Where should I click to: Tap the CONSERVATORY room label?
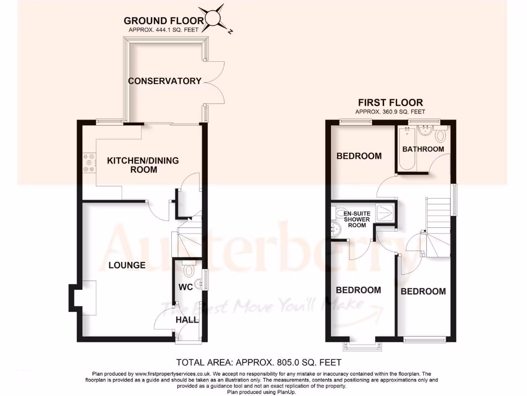point(165,81)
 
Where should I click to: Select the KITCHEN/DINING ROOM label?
point(143,165)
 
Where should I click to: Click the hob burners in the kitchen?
point(88,163)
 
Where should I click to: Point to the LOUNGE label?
point(127,266)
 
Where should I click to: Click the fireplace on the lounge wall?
point(82,298)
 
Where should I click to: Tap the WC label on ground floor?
point(185,287)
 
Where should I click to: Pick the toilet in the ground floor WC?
point(188,270)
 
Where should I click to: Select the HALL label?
point(187,320)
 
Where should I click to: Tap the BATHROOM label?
point(423,149)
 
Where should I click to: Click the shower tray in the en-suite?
point(385,212)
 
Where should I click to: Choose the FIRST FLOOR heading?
point(390,103)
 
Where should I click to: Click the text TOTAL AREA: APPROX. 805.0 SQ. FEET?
point(259,362)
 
